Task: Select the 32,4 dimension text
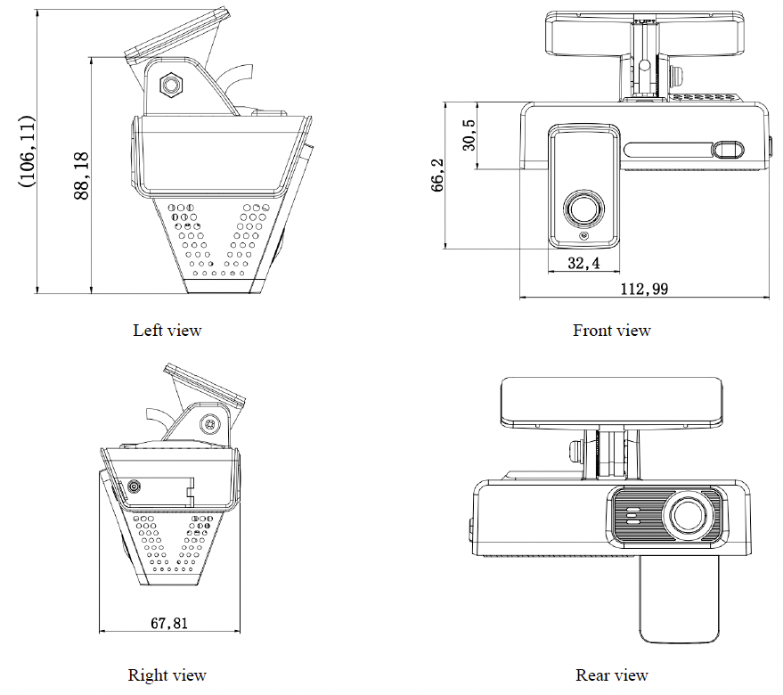[x=583, y=264]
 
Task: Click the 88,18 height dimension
[x=81, y=176]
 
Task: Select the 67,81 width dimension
[x=168, y=624]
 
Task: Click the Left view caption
[x=167, y=331]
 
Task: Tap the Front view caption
[x=611, y=331]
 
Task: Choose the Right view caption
[x=167, y=675]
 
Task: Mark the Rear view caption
[x=611, y=675]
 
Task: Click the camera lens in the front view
[x=583, y=208]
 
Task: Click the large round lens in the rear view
[x=689, y=515]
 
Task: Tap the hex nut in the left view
[x=169, y=86]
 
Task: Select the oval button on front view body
[x=730, y=148]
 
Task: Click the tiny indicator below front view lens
[x=583, y=236]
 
